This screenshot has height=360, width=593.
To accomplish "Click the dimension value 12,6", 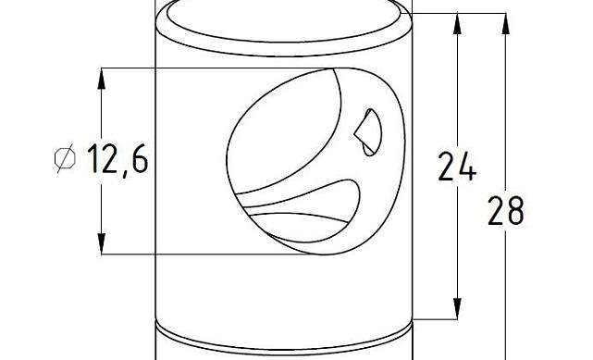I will coord(117,159).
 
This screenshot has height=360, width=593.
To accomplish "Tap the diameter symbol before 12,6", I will coord(65,159).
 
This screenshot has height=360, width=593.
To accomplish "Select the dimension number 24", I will coord(456,167).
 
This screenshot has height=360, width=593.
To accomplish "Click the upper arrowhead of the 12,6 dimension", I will coord(100,78).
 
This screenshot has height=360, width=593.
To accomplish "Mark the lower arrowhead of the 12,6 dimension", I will coord(100,243).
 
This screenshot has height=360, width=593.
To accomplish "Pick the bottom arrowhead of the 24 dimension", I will coord(457,309).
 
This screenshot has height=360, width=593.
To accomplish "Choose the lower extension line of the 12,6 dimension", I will coord(185,254).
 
